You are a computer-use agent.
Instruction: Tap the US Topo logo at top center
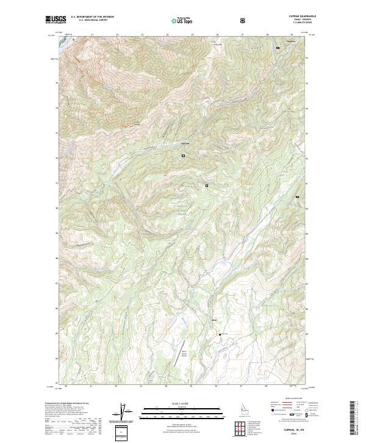coord(180,20)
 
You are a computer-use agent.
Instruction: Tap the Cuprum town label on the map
coord(185,144)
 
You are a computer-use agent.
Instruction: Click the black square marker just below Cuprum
coord(182,156)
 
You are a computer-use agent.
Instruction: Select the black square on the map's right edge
coord(297,197)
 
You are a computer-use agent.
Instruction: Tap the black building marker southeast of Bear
coord(220,334)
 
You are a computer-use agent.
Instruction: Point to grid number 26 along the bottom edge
coord(216,387)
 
